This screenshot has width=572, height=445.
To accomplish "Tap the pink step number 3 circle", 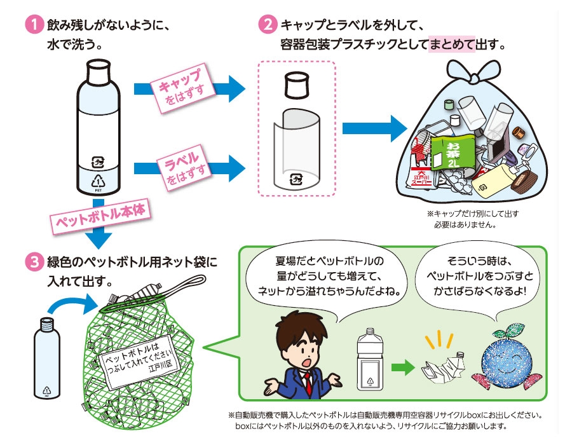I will coord(32,262).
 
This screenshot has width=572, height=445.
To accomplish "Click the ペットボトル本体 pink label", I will coord(102,216).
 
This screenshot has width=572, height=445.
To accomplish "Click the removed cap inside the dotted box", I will coord(296,84).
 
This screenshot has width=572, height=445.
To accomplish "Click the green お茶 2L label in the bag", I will coord(453,153).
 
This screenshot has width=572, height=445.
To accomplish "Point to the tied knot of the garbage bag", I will coord(473,74).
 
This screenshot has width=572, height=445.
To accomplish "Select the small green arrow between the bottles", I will coord(402,367).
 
